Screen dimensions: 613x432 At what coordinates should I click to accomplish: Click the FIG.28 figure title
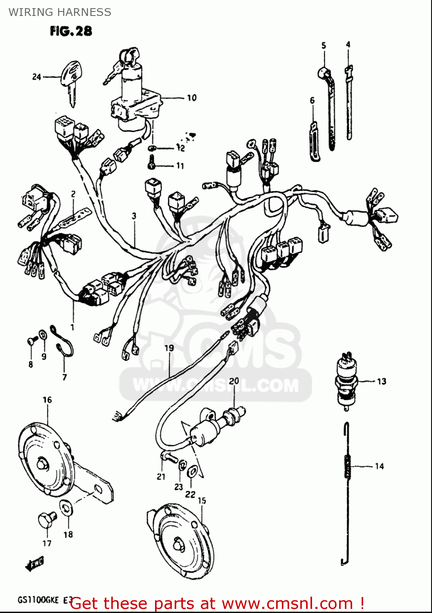71,31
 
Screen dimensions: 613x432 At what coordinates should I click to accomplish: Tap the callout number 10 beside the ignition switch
191,98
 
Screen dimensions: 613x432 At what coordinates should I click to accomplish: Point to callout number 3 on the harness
134,216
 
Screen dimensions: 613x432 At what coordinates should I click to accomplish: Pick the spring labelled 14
347,466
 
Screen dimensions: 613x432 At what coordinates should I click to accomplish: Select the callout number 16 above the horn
47,400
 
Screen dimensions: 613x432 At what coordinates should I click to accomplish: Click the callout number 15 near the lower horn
202,501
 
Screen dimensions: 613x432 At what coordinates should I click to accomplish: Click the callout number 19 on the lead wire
169,348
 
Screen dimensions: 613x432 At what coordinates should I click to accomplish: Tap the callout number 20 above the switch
234,381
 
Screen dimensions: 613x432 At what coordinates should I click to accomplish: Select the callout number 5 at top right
324,45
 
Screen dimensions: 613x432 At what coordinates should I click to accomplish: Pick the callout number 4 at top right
348,44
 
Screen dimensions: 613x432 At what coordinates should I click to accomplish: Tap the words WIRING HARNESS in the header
60,12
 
